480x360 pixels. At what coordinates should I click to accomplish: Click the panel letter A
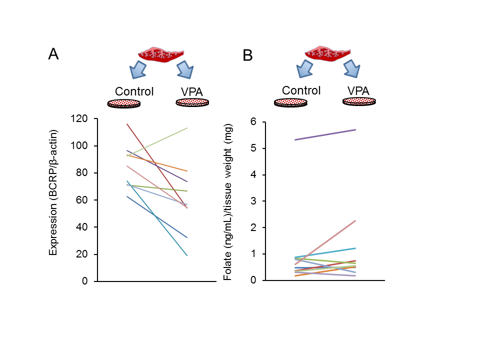click(x=53, y=54)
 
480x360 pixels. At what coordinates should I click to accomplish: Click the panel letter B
click(x=248, y=55)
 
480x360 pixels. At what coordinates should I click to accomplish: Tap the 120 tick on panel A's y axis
click(x=79, y=119)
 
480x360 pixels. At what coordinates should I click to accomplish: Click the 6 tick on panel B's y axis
click(x=253, y=122)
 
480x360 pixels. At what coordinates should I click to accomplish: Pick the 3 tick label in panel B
click(x=253, y=201)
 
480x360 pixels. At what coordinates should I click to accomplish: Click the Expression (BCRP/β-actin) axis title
click(x=53, y=192)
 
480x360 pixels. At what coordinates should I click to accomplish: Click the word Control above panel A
click(x=134, y=91)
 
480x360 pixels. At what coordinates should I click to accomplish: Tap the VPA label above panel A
click(x=192, y=92)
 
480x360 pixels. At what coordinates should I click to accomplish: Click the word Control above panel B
click(x=301, y=90)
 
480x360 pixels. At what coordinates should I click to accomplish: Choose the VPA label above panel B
click(x=359, y=91)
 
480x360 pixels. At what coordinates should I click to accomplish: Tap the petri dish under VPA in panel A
click(x=192, y=102)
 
